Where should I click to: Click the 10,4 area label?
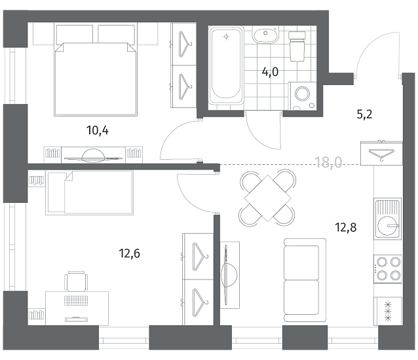coord(98,130)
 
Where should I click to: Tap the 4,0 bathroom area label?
coord(270,72)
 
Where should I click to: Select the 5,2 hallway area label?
coord(364,115)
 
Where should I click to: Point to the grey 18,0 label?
coord(328,162)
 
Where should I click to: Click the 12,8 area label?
coord(345,228)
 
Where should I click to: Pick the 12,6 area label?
coord(129,253)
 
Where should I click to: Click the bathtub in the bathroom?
coord(226,65)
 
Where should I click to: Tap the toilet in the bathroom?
coord(297,46)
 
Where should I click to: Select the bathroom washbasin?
coord(265,35)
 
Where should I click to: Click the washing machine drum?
coord(302,94)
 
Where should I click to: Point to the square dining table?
coord(268,198)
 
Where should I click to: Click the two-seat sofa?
coord(305,280)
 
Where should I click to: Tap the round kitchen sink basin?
coord(387,226)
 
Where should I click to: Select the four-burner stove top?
coord(388,269)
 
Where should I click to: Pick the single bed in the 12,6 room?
coord(89,193)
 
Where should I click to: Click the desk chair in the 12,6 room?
coord(76,281)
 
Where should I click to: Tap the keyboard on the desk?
coord(76,300)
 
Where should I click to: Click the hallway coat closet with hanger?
coord(381,153)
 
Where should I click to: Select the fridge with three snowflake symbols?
coord(388,311)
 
